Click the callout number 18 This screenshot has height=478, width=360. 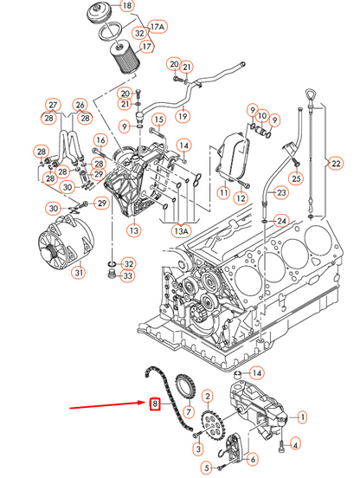tap(127, 5)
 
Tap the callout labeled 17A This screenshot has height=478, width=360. tap(157, 27)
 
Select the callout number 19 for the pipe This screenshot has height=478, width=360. tap(183, 116)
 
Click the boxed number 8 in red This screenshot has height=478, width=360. tap(155, 404)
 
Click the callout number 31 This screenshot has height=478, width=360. tap(79, 272)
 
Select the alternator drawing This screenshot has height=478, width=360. tap(66, 242)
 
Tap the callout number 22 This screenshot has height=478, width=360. tap(336, 164)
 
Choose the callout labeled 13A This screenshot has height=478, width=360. tap(181, 231)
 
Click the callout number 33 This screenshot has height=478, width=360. tap(128, 276)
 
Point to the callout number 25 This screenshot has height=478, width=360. tap(296, 178)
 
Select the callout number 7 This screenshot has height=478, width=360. tap(189, 412)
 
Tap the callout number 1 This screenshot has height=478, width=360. tap(302, 417)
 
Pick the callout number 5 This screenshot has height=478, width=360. tap(207, 468)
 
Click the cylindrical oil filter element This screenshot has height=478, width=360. tap(124, 58)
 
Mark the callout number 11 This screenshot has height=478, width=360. tap(224, 192)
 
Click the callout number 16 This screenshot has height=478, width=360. tap(100, 140)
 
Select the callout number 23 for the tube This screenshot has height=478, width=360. tap(280, 192)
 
